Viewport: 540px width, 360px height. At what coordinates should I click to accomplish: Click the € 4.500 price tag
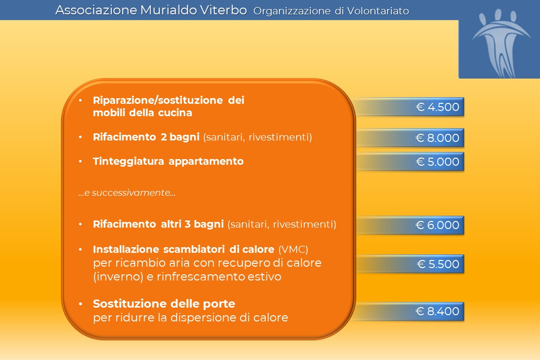410,107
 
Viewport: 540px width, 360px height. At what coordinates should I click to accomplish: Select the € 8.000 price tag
410,138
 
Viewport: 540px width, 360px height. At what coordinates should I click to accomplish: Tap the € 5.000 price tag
410,161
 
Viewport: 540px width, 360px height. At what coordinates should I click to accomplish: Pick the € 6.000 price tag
410,225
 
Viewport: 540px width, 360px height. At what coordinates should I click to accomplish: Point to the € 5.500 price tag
410,264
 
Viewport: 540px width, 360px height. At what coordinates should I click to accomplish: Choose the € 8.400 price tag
410,311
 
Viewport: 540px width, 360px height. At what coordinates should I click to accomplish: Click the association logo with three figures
500,43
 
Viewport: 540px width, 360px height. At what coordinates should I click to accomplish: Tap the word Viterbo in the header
223,10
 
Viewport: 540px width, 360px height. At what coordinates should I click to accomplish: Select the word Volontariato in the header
378,11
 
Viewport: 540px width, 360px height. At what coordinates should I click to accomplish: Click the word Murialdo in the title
169,10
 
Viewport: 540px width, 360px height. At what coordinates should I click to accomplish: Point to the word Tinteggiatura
129,161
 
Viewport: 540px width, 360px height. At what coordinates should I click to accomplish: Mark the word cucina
175,113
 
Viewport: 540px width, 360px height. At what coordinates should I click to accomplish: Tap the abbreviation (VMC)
293,249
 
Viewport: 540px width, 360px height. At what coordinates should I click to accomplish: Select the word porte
219,304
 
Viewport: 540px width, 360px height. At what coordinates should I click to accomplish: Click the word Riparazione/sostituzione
158,100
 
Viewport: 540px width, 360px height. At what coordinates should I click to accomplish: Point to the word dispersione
203,317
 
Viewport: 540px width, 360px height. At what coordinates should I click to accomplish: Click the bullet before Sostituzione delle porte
80,304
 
